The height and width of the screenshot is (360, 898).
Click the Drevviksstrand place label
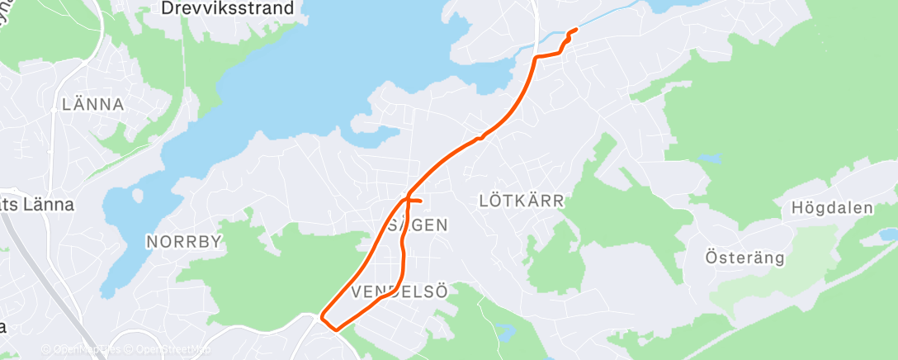227,9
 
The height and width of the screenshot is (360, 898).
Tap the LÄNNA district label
93,105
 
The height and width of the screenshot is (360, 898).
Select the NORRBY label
185,242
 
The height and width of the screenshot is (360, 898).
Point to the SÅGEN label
418,225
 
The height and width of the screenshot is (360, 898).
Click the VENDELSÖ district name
399,292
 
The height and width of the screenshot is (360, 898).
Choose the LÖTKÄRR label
521,201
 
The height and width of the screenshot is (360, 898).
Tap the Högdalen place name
831,208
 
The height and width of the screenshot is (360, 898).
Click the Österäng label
744,258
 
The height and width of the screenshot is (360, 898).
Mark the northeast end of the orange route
575,30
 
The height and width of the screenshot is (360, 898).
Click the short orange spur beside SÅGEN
415,201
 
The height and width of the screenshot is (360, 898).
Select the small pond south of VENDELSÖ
507,334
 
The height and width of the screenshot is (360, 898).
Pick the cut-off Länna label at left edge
37,205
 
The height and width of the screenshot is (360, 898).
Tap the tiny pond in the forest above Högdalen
708,157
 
